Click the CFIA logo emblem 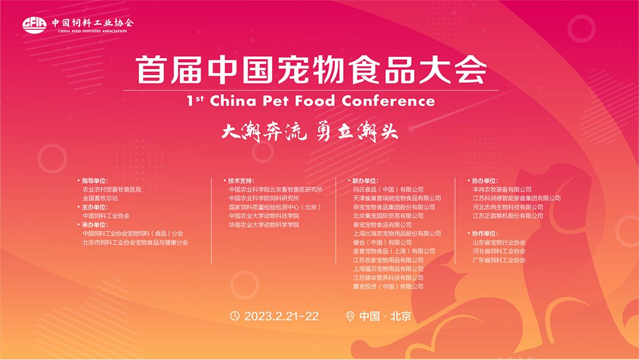(x=35, y=25)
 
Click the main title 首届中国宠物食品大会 (x=311, y=70)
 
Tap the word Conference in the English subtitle (x=388, y=101)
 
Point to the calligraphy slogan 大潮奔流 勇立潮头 (x=310, y=131)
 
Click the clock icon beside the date (x=235, y=316)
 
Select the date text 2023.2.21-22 (x=281, y=316)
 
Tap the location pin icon (x=350, y=316)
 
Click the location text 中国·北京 (x=385, y=316)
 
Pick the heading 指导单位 (x=95, y=181)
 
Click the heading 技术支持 (x=240, y=181)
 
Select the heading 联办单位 (x=365, y=181)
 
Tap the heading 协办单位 (x=485, y=181)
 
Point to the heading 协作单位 (x=485, y=234)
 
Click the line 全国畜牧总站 (x=100, y=198)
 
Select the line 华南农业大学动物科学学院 (x=264, y=224)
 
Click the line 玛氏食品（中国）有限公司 (x=388, y=189)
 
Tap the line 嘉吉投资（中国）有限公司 (x=388, y=287)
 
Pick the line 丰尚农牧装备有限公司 (x=502, y=189)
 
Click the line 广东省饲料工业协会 (x=499, y=260)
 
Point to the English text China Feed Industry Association (x=92, y=31)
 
